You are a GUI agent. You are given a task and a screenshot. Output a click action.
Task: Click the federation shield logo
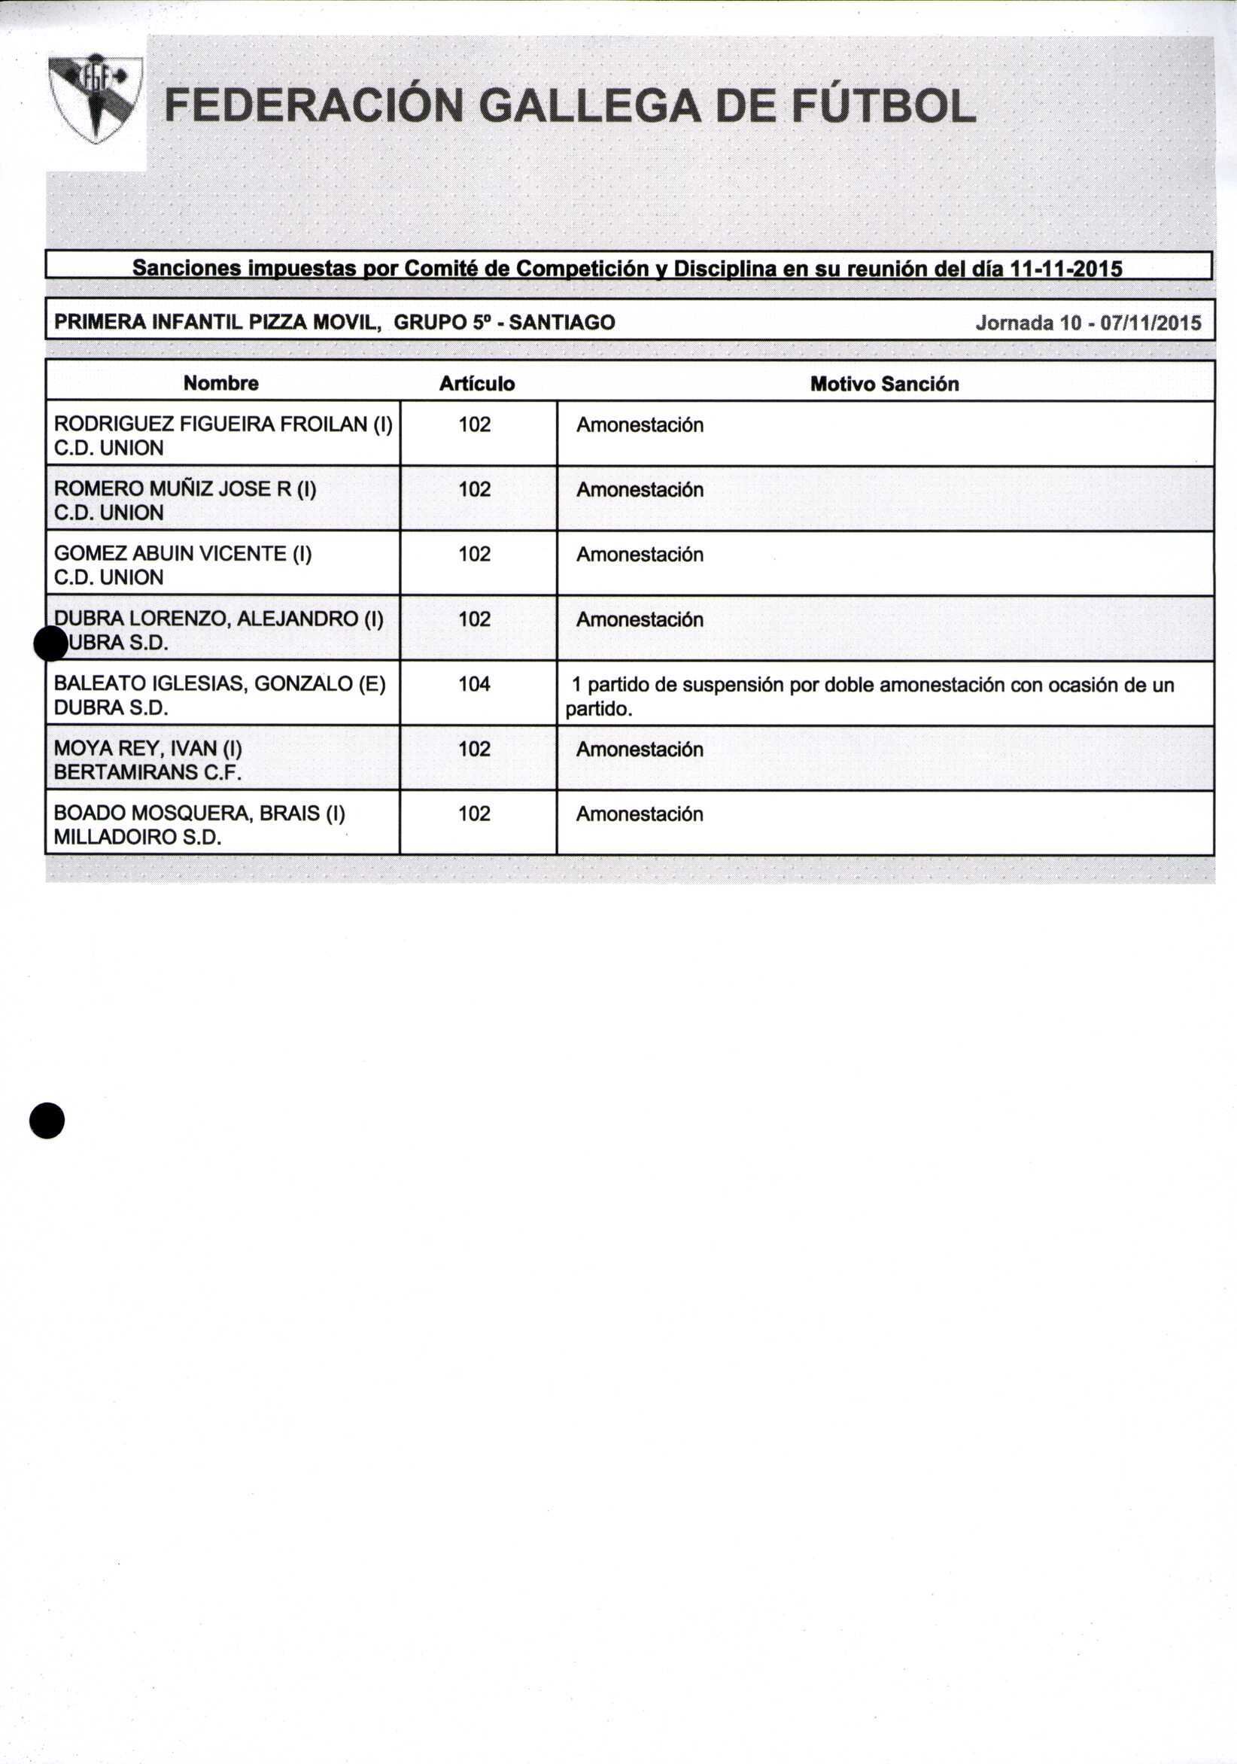click(x=95, y=99)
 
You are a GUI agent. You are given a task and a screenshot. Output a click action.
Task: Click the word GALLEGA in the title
click(x=589, y=106)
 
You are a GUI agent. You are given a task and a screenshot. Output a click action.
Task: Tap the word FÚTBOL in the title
click(x=883, y=106)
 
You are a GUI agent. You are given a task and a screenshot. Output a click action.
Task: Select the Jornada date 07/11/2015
click(x=1150, y=323)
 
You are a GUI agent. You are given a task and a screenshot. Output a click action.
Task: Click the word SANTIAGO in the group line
click(x=561, y=323)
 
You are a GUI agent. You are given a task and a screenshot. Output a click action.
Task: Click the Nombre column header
click(x=221, y=383)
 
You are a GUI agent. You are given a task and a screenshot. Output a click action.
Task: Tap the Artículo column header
click(x=476, y=383)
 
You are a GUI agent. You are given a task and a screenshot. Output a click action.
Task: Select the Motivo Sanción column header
click(x=884, y=383)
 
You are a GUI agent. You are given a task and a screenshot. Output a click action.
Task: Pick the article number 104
click(x=474, y=684)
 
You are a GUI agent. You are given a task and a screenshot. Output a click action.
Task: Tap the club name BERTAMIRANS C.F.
click(x=147, y=772)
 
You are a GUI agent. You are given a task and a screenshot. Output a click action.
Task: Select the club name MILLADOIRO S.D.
click(x=138, y=838)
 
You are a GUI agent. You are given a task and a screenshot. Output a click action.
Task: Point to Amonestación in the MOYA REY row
click(x=640, y=749)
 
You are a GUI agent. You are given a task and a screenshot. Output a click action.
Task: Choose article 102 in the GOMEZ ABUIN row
click(x=474, y=554)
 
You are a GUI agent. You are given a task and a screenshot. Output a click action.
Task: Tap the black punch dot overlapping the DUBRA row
click(x=51, y=643)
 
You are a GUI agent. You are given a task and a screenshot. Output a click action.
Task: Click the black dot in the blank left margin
click(x=47, y=1120)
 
